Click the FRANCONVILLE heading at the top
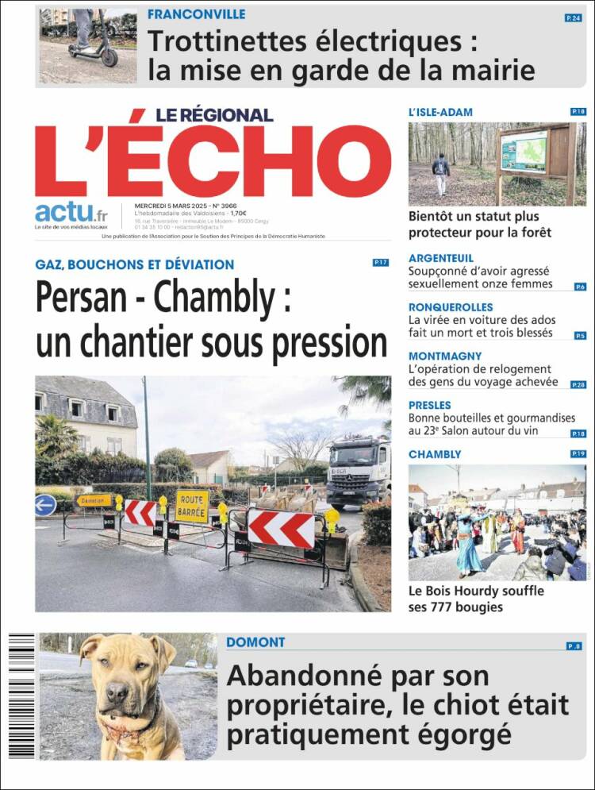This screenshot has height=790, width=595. pos(196,14)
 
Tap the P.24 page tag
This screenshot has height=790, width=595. pos(573,17)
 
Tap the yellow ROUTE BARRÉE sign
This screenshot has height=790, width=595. pos(192,506)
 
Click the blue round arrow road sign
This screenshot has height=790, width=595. pos(45,505)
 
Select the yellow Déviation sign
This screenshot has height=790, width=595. pos(94,501)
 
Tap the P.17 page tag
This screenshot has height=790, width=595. pos(380,263)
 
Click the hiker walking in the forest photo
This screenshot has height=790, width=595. pos(441,174)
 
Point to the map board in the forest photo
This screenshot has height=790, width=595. pos(524,152)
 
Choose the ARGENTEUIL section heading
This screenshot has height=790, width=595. pos(440,258)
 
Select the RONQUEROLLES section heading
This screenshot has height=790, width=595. pos(451,307)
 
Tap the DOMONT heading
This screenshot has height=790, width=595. pos(255,642)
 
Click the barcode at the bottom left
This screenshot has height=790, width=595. pos(21,696)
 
